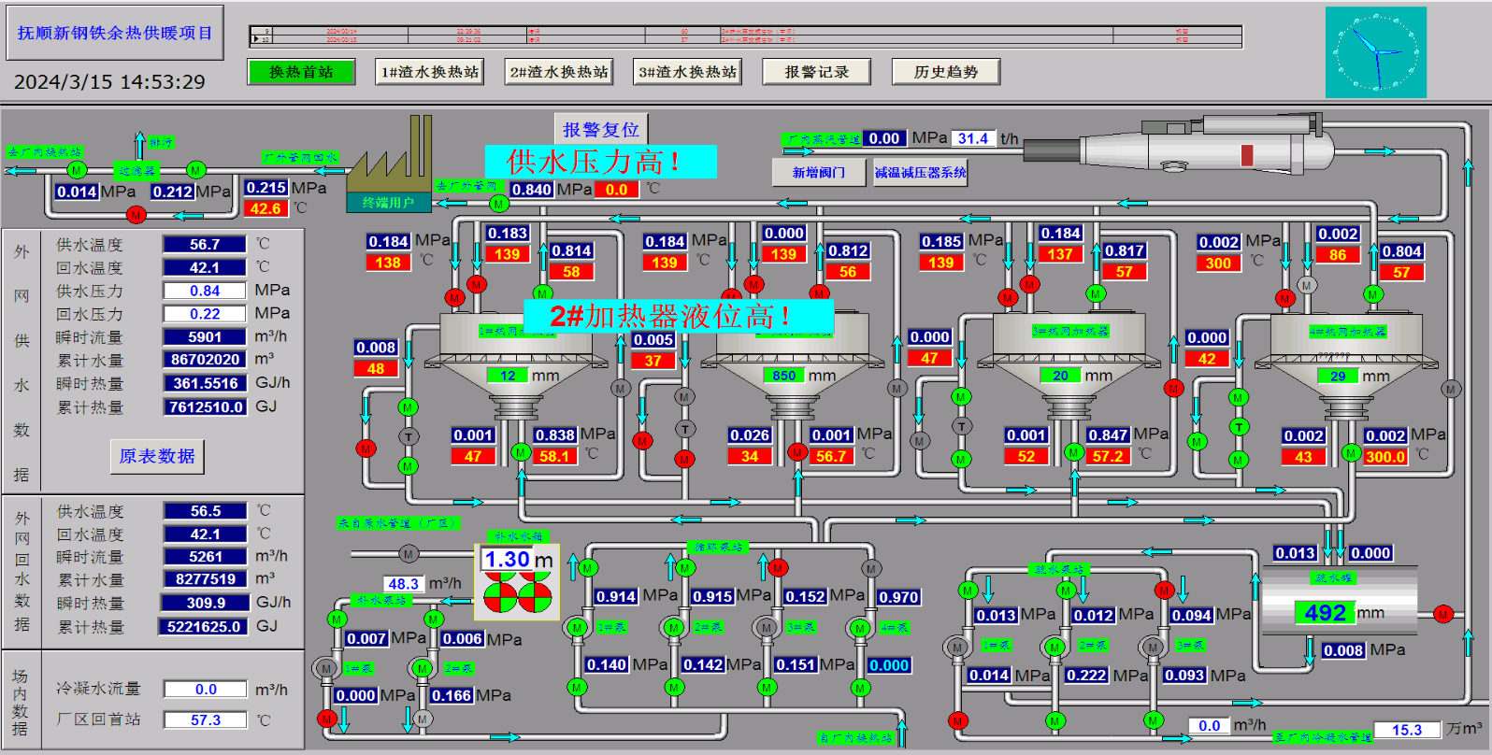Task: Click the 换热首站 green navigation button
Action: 301,72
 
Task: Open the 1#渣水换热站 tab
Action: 430,72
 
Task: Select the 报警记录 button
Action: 816,72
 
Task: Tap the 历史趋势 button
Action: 945,72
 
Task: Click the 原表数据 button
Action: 157,456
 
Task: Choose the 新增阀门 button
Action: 819,172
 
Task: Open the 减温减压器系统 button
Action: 920,172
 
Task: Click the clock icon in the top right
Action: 1375,52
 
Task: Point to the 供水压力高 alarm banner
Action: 600,162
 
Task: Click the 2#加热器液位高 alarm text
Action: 678,316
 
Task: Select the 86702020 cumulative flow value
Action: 205,360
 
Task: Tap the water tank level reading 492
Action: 1326,613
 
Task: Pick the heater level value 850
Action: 783,376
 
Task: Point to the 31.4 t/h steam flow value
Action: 972,138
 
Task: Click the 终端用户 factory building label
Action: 388,202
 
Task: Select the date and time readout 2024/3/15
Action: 109,82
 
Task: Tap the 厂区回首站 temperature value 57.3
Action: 205,720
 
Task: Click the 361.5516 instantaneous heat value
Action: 205,383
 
